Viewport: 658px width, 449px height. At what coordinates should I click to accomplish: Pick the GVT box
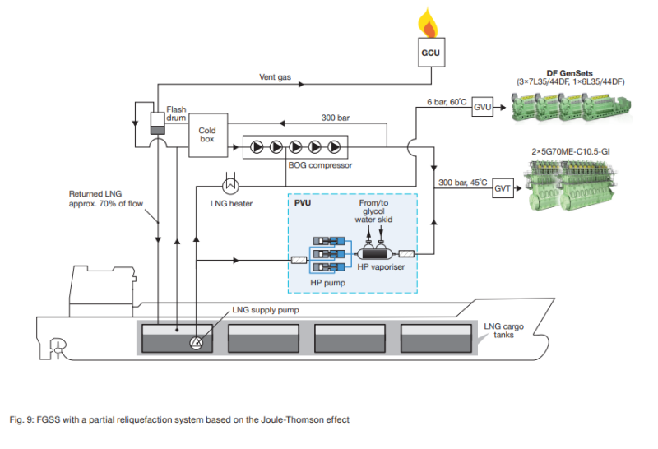tap(503, 189)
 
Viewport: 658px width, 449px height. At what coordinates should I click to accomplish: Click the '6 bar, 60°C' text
tap(446, 102)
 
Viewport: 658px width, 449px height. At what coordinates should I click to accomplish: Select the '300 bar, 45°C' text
tap(463, 182)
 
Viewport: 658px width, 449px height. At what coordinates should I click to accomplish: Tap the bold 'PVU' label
tap(304, 202)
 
